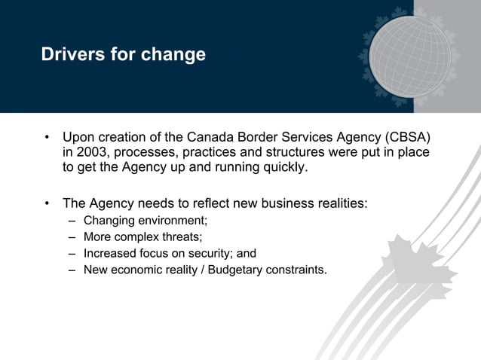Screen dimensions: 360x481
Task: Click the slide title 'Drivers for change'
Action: pyautogui.click(x=124, y=55)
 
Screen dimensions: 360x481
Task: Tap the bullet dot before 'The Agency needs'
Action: pyautogui.click(x=47, y=203)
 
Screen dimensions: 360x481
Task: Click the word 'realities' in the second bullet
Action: pyautogui.click(x=340, y=203)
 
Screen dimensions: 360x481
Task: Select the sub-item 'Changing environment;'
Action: pyautogui.click(x=145, y=221)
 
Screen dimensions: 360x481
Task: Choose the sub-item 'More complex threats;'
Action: pyautogui.click(x=142, y=237)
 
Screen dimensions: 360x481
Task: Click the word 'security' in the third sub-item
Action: pyautogui.click(x=212, y=253)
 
